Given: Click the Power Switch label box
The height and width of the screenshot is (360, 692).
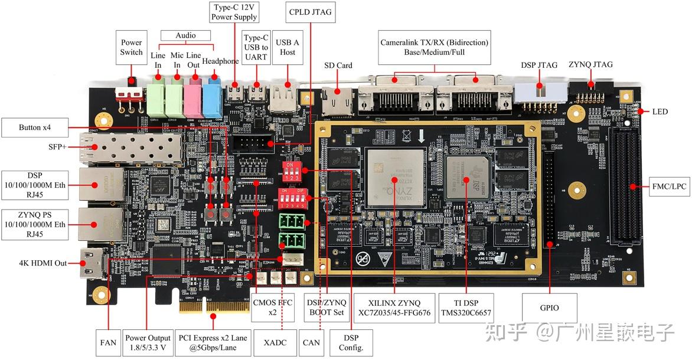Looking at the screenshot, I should [131, 47].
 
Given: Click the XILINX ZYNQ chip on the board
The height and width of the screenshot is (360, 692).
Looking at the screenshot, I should [394, 176].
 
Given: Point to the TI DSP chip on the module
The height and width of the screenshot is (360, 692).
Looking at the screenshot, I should [467, 177].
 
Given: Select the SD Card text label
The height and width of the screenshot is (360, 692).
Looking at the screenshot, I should [338, 66].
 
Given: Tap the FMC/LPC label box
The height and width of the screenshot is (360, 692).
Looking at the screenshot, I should [669, 186].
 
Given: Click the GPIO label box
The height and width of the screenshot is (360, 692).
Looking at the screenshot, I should [549, 308].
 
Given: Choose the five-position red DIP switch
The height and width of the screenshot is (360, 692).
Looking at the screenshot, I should [292, 201].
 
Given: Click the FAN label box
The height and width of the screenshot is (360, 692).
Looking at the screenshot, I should [108, 342].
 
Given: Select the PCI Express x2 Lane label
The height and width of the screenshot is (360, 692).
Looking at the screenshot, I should [214, 342].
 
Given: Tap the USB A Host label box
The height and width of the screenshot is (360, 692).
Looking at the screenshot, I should [288, 47].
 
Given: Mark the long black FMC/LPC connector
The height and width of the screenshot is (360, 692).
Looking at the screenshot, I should [627, 187].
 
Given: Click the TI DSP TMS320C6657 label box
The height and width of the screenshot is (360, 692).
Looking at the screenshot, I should [466, 307].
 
